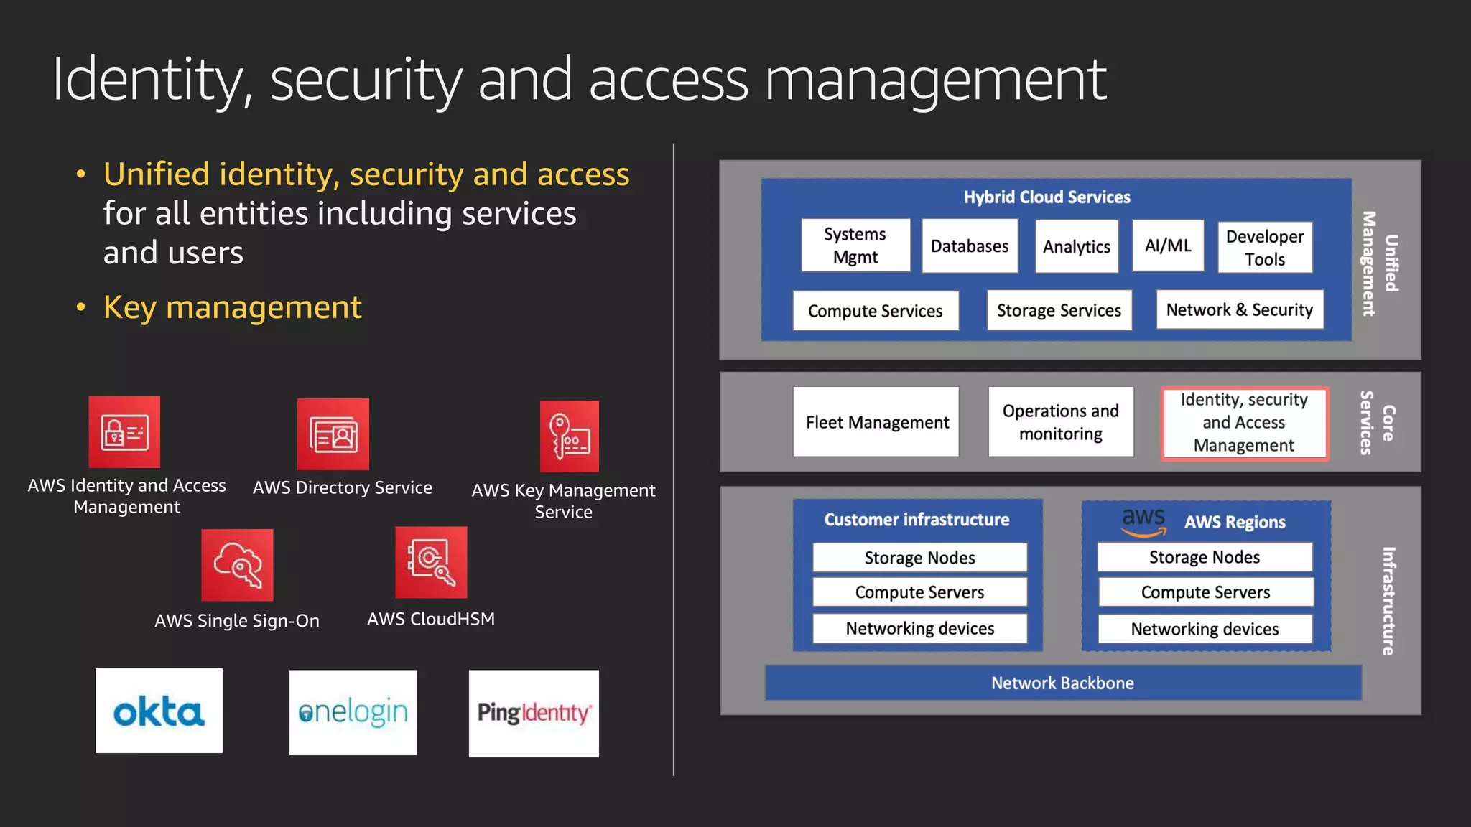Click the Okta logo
(x=159, y=711)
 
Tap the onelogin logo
(x=353, y=712)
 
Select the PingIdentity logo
(x=534, y=713)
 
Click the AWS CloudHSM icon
(x=431, y=563)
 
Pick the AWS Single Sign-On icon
(x=237, y=565)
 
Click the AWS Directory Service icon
(x=333, y=434)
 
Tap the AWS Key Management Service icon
(x=570, y=436)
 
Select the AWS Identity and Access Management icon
(x=124, y=432)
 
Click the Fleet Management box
(x=876, y=422)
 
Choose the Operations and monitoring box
(x=1061, y=422)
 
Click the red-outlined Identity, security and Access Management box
(x=1244, y=423)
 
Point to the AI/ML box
(x=1168, y=246)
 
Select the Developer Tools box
(x=1265, y=248)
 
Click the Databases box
(x=970, y=246)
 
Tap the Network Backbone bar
(x=1062, y=683)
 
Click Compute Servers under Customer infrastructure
(x=919, y=592)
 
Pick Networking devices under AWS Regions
(x=1205, y=629)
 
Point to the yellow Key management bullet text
(x=232, y=307)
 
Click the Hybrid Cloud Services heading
(x=1047, y=197)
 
